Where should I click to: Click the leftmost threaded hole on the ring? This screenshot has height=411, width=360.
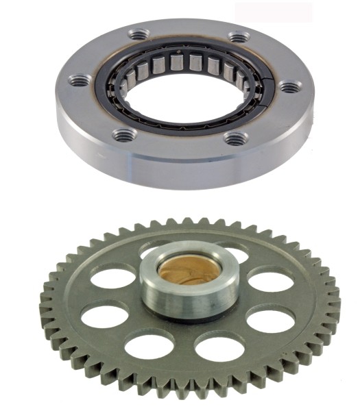click(81, 81)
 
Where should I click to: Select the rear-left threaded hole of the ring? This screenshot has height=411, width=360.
click(139, 34)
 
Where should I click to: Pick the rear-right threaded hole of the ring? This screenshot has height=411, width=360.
click(238, 37)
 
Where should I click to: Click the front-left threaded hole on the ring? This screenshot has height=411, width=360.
click(124, 135)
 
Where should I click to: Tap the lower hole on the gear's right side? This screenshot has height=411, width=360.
click(269, 319)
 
